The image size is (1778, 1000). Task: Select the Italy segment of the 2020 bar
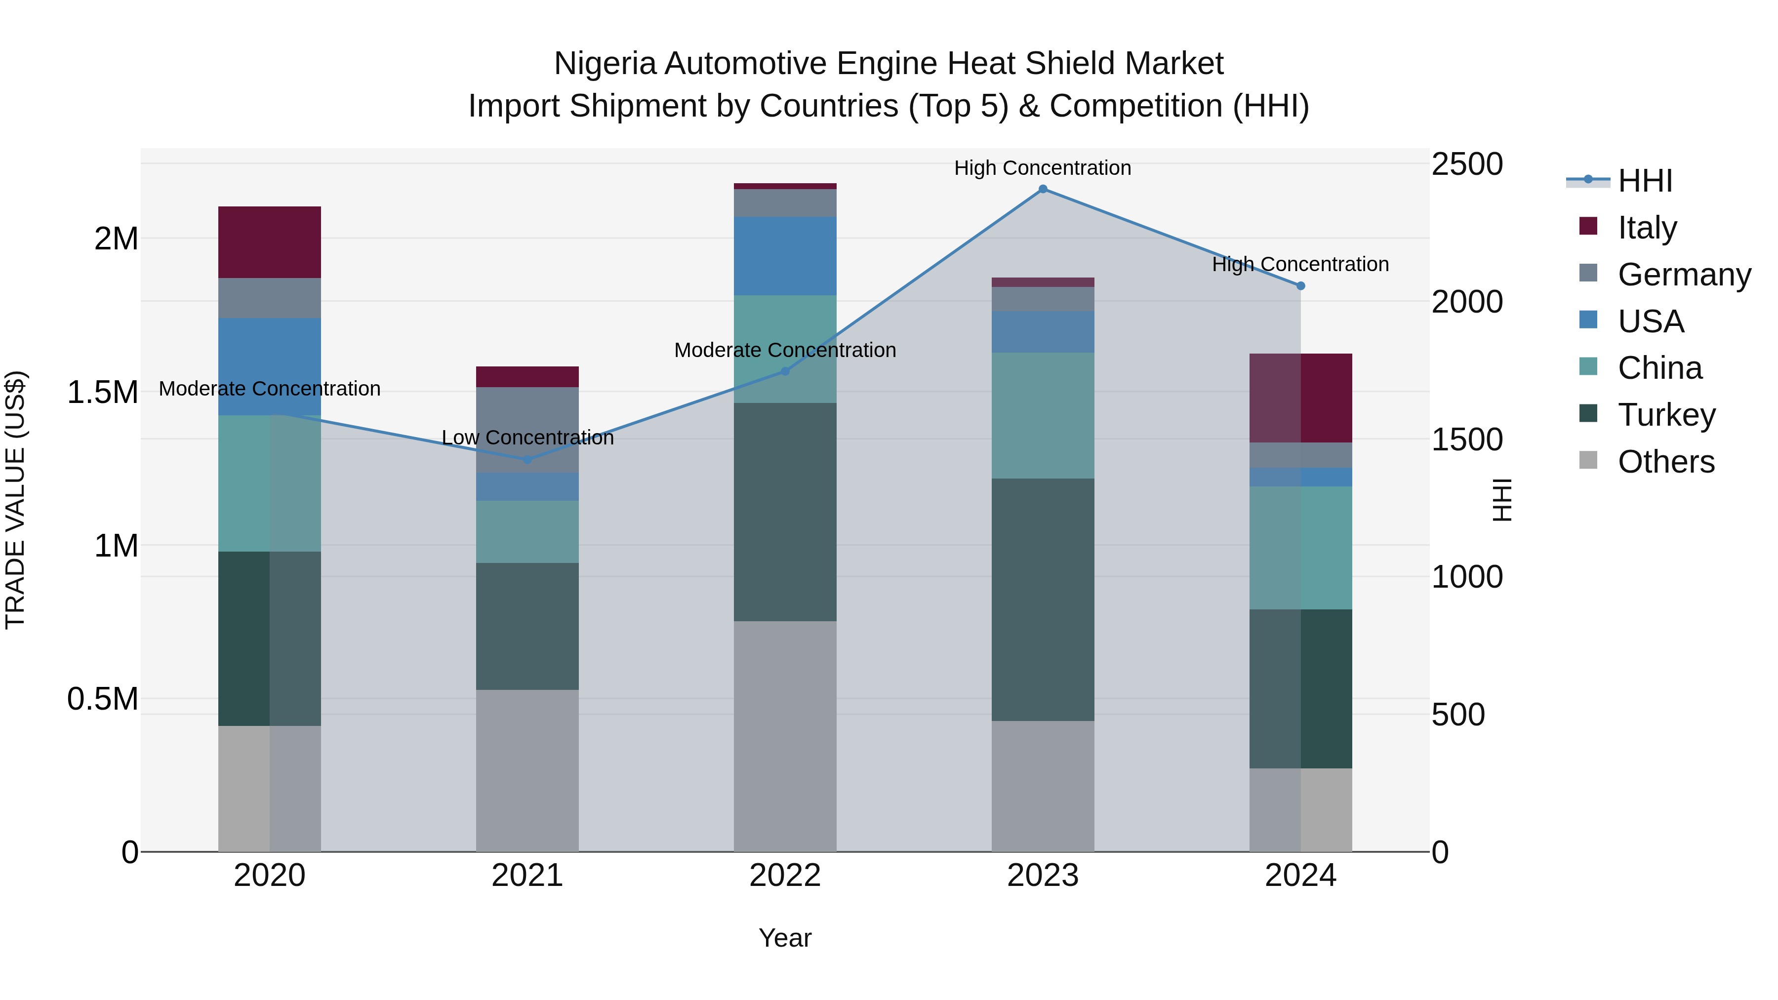point(269,242)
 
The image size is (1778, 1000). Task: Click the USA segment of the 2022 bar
point(785,256)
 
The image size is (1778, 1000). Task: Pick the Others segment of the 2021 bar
point(527,770)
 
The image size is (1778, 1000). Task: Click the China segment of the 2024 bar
point(1300,548)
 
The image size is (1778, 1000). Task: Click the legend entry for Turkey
point(1666,415)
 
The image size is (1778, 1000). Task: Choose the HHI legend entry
point(1644,181)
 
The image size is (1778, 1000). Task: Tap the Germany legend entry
point(1684,275)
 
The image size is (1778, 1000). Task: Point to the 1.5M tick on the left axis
point(102,393)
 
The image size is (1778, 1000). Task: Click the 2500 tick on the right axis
point(1467,164)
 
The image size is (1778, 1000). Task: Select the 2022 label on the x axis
point(785,876)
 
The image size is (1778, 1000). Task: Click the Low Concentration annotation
point(527,438)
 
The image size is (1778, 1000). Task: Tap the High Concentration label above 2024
point(1300,264)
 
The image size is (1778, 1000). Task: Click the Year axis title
point(785,938)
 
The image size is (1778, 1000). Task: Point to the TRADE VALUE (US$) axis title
point(15,500)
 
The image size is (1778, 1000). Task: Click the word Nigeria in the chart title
point(605,64)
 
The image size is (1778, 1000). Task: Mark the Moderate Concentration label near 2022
point(785,350)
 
